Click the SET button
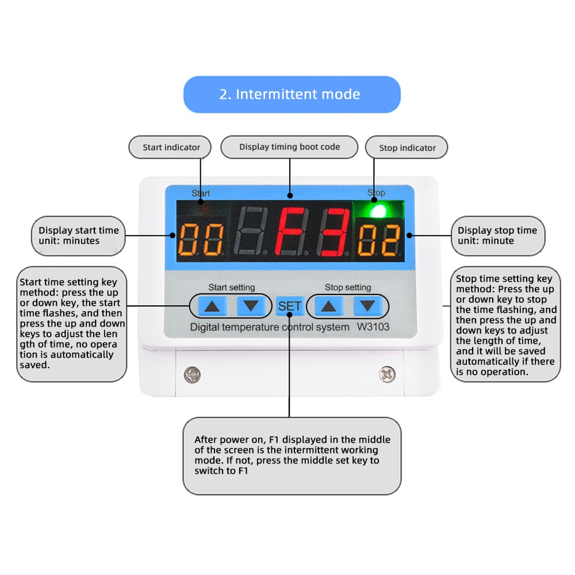pyautogui.click(x=290, y=306)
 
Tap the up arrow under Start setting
pyautogui.click(x=212, y=306)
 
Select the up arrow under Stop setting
pyautogui.click(x=328, y=306)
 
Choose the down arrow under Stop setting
pyautogui.click(x=367, y=305)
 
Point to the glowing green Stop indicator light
pyautogui.click(x=378, y=211)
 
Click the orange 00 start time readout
pyautogui.click(x=201, y=239)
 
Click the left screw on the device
pyautogui.click(x=192, y=375)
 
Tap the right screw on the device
pyautogui.click(x=387, y=374)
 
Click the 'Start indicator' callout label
pyautogui.click(x=170, y=147)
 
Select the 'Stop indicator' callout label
pyautogui.click(x=407, y=147)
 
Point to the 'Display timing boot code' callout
pyautogui.click(x=289, y=147)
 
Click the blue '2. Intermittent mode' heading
pyautogui.click(x=292, y=94)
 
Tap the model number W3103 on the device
pyautogui.click(x=373, y=327)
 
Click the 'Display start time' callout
pyautogui.click(x=78, y=236)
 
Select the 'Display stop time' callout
pyautogui.click(x=498, y=236)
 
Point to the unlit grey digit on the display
pyautogui.click(x=250, y=231)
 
